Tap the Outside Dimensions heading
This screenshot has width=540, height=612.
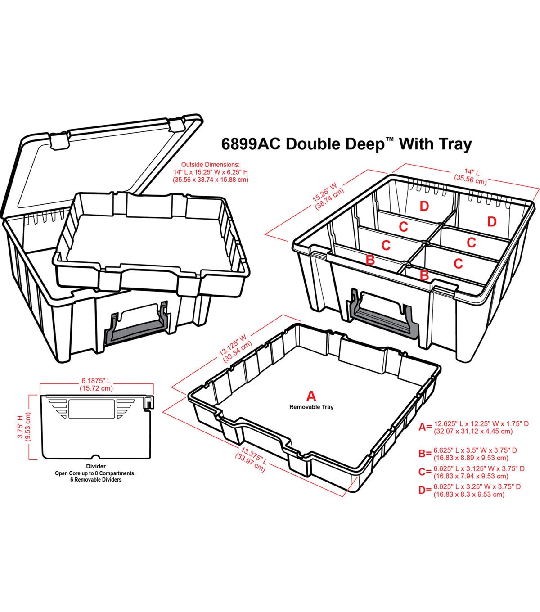tap(210, 165)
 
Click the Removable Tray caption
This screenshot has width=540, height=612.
tap(311, 407)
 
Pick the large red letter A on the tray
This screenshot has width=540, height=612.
tap(311, 396)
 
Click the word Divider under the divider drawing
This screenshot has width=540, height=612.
tap(96, 466)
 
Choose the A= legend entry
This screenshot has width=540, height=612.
tap(473, 427)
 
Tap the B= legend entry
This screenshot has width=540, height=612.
tap(468, 454)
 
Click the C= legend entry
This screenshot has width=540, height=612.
tap(472, 472)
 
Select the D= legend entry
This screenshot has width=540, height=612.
tap(470, 490)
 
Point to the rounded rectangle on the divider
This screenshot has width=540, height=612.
tap(91, 409)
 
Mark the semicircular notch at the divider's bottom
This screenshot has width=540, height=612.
tap(95, 457)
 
